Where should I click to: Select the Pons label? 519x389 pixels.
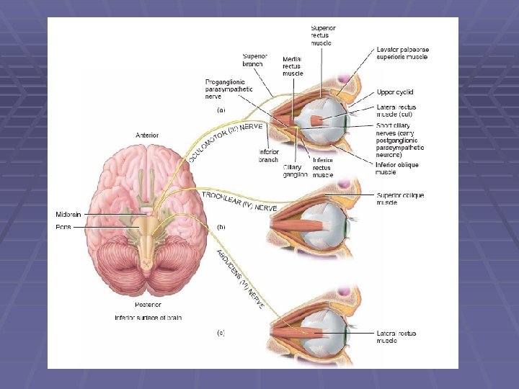click(x=63, y=226)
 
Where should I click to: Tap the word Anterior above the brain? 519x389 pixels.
click(x=147, y=135)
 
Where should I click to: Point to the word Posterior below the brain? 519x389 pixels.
click(x=146, y=305)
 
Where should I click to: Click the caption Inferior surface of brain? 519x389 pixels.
click(x=148, y=317)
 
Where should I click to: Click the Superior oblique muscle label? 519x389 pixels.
click(x=400, y=199)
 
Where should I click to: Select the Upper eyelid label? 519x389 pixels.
click(x=396, y=92)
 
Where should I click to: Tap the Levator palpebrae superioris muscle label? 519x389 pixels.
click(x=402, y=53)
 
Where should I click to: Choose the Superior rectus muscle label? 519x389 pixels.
click(x=323, y=35)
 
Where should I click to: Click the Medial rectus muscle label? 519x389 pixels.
click(x=293, y=66)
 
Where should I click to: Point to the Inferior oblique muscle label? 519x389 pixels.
click(x=396, y=168)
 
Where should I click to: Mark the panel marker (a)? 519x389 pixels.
click(x=222, y=110)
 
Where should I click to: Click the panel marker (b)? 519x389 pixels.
click(x=222, y=227)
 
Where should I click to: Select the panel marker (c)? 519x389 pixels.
click(x=222, y=333)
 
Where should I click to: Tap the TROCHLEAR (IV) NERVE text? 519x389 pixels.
click(x=239, y=201)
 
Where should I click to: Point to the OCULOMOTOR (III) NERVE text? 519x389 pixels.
click(x=224, y=140)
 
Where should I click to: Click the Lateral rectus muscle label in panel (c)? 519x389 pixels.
click(x=396, y=336)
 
